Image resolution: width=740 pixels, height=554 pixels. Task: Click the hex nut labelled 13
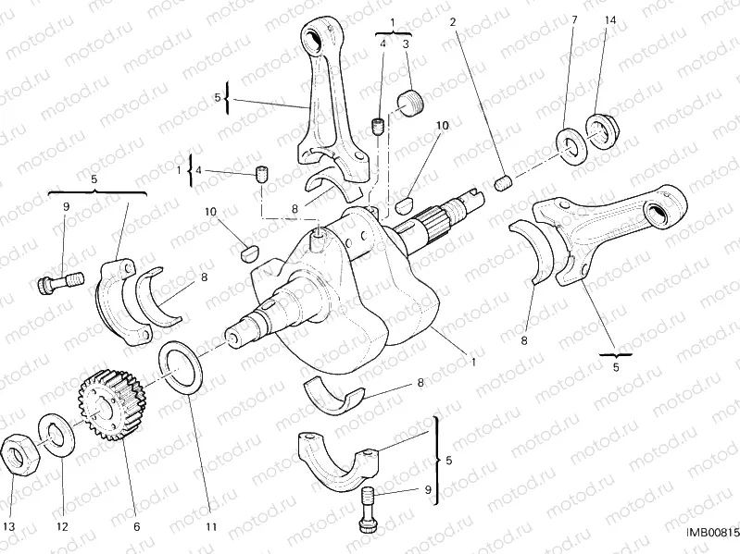(20, 452)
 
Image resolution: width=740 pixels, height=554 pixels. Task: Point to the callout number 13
(8, 526)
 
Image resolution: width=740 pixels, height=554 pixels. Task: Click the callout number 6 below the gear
(136, 526)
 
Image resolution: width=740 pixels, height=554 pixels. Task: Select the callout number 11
(211, 526)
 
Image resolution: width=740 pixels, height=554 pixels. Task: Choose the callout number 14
(609, 19)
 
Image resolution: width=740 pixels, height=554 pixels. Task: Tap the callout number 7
(574, 19)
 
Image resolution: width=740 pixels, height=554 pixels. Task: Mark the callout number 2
(453, 19)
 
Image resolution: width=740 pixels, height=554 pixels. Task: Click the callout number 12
(63, 526)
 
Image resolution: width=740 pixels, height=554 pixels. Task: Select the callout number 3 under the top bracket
(406, 43)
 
